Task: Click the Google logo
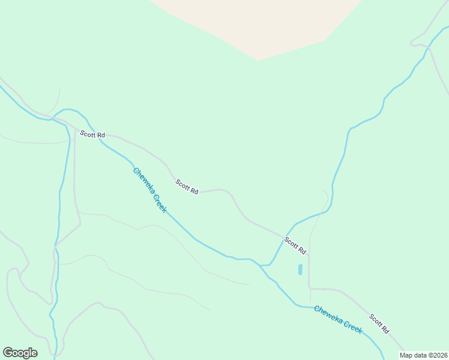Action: click(x=20, y=352)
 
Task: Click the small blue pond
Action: click(x=300, y=270)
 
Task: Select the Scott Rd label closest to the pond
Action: click(x=295, y=246)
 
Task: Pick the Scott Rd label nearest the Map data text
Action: click(x=379, y=324)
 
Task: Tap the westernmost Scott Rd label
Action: click(x=92, y=135)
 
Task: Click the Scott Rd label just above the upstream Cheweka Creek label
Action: click(x=187, y=187)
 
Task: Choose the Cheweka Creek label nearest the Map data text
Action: click(x=338, y=320)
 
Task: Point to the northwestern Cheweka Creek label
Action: click(x=149, y=190)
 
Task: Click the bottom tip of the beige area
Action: click(x=259, y=60)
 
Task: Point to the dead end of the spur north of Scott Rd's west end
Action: click(x=59, y=90)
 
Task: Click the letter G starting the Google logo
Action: click(x=8, y=352)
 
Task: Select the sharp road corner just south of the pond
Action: click(x=309, y=288)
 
